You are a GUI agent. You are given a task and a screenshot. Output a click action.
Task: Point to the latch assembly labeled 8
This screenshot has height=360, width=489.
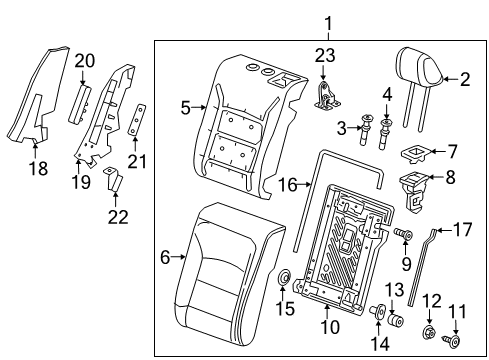click(x=412, y=187)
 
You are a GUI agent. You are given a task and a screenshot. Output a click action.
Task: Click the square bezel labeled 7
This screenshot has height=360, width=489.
click(x=411, y=153)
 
